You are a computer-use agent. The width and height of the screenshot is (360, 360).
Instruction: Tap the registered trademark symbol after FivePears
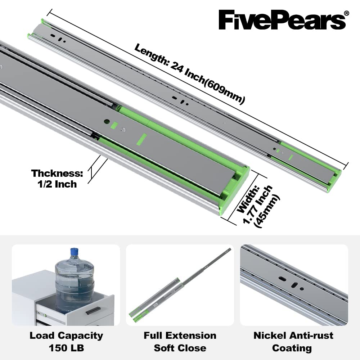pyautogui.click(x=346, y=13)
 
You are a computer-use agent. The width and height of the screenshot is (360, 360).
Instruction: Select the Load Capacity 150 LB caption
pyautogui.click(x=66, y=342)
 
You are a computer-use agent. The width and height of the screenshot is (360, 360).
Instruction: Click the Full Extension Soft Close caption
pyautogui.click(x=180, y=342)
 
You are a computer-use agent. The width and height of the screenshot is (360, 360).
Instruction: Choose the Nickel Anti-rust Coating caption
pyautogui.click(x=293, y=342)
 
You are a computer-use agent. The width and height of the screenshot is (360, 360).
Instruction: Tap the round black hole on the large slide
pyautogui.click(x=107, y=122)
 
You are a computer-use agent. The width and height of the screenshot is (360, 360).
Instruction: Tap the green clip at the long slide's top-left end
pyautogui.click(x=44, y=22)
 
